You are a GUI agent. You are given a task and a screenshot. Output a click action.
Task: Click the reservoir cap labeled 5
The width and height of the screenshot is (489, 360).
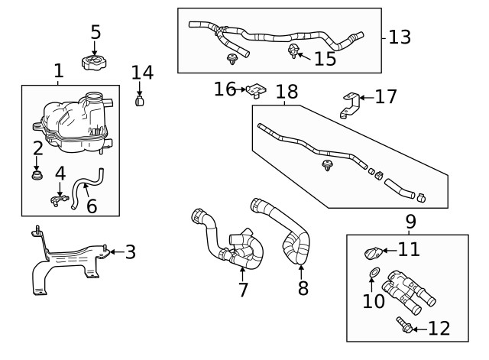click(94, 60)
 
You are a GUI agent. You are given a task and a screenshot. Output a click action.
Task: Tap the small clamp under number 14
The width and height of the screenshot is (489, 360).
click(141, 100)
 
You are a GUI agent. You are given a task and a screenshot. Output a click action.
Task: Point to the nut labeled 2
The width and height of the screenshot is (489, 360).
click(37, 177)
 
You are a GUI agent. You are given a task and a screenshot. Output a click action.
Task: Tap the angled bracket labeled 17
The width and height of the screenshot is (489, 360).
click(349, 105)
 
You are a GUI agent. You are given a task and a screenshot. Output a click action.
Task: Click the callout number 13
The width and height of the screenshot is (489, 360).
click(400, 36)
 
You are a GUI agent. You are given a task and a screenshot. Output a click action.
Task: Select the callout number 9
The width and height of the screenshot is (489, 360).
click(410, 222)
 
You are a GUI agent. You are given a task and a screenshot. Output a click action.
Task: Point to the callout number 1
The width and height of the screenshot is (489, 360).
click(59, 72)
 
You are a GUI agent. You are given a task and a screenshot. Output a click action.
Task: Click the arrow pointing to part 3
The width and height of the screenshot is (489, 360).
click(112, 251)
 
